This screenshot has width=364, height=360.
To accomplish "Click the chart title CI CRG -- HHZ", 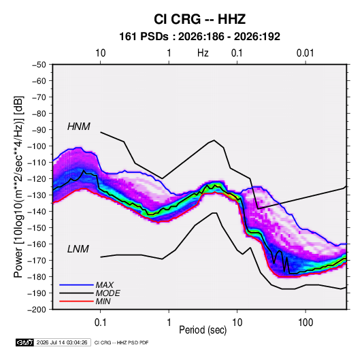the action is click(199, 19).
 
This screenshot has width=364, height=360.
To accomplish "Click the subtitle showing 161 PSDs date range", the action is click(199, 37).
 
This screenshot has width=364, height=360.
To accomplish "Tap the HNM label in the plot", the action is click(79, 127).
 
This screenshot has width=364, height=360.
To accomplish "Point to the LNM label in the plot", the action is click(78, 249).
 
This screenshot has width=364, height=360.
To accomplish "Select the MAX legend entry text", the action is click(105, 284).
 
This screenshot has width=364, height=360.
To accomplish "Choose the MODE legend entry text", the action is click(107, 293).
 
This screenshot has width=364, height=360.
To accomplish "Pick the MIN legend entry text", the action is click(103, 301).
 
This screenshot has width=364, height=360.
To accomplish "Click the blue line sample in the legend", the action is click(76, 284).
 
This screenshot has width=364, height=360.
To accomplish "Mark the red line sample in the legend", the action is click(76, 301).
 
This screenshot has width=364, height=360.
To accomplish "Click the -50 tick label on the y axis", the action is click(39, 65).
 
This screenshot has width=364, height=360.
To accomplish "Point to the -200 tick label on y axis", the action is click(37, 310).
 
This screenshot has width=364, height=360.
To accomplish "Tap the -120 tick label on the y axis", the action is click(37, 179).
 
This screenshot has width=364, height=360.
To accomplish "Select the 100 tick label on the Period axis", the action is click(305, 323).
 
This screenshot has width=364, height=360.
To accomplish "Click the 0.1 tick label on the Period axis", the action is click(100, 323).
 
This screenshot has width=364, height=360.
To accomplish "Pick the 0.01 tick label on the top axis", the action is click(305, 53).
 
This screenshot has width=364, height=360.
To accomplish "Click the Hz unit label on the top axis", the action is click(203, 53).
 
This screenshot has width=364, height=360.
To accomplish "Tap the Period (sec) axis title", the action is click(203, 330).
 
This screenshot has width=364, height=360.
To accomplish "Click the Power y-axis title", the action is click(18, 187).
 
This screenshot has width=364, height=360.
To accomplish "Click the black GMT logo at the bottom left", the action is click(25, 342).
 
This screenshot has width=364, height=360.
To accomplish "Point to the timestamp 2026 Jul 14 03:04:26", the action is click(62, 342).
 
